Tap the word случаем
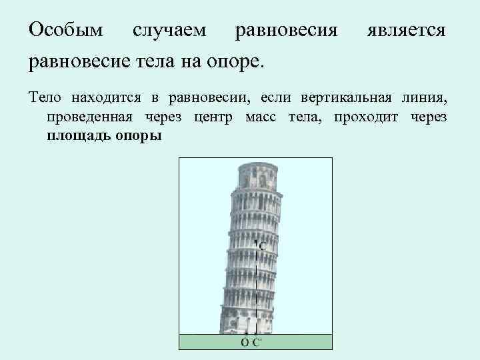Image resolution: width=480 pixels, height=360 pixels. pos(169,31)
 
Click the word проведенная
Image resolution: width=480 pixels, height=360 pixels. pos(91,117)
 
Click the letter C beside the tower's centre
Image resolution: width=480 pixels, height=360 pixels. pos(263,246)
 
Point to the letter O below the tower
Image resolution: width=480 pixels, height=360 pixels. pos(245,343)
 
